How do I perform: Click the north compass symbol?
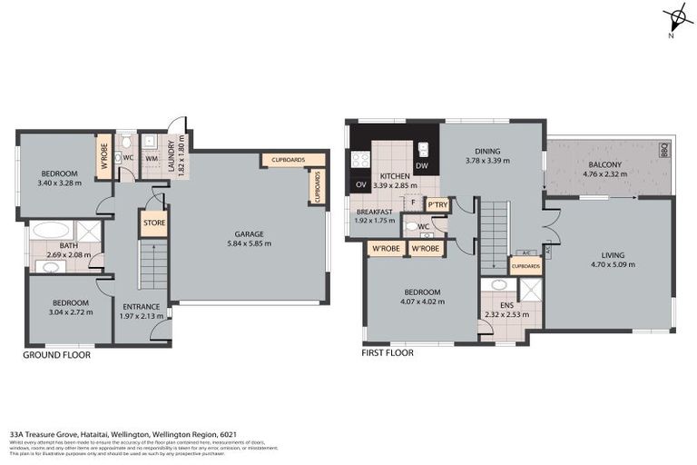click(x=675, y=18)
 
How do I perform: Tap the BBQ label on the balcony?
click(x=663, y=150)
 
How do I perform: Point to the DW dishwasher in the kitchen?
click(x=421, y=166)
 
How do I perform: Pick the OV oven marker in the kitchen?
click(x=360, y=185)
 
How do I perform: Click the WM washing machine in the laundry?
click(x=151, y=159)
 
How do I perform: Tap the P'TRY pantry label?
click(x=437, y=205)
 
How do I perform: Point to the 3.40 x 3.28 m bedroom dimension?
click(x=59, y=183)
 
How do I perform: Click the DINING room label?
click(x=487, y=152)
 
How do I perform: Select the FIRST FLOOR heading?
click(x=388, y=352)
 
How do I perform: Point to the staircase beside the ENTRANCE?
click(x=152, y=264)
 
